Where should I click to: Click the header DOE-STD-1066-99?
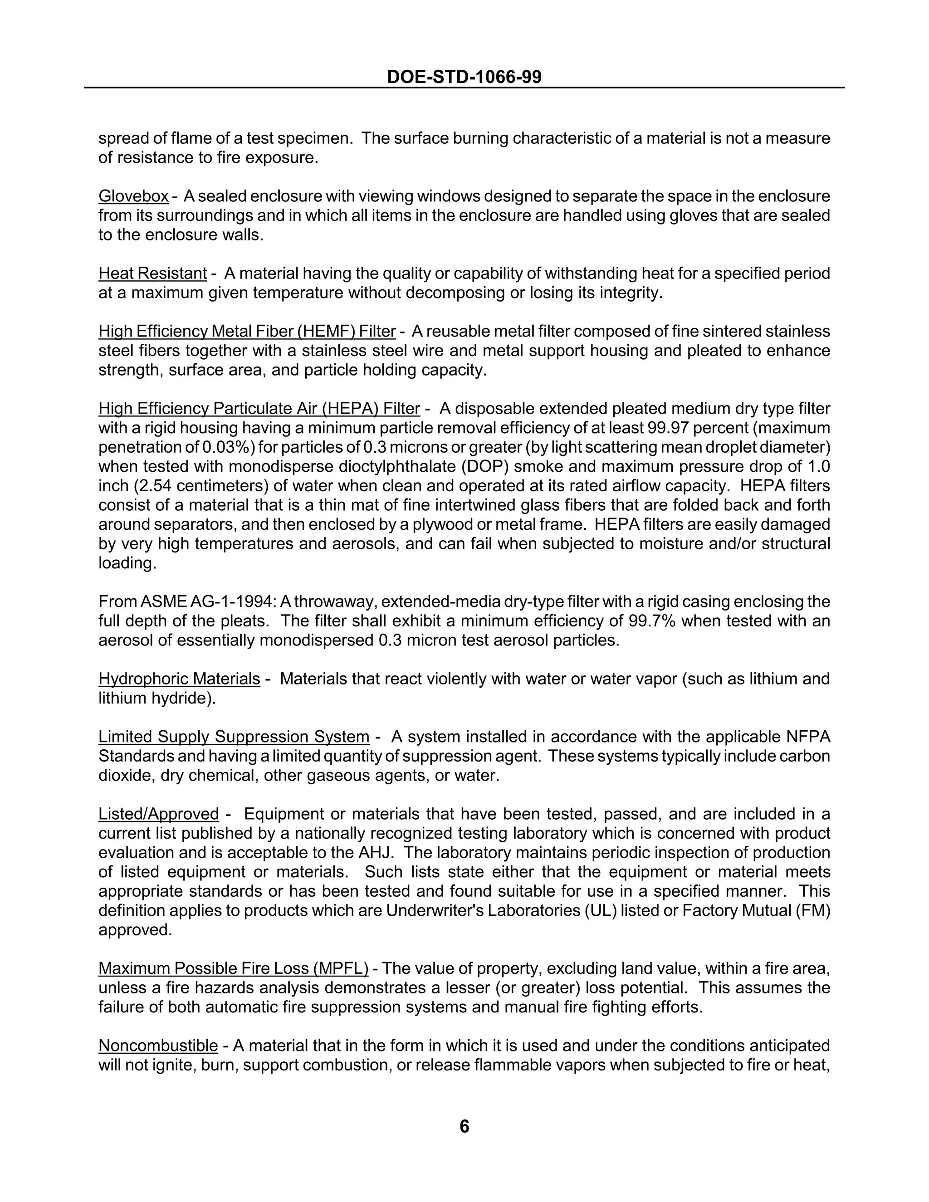point(464,77)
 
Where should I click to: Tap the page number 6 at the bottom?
point(464,1126)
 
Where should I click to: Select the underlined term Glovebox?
point(133,196)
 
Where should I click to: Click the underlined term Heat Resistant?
point(152,273)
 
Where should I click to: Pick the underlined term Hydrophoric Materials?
point(179,679)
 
